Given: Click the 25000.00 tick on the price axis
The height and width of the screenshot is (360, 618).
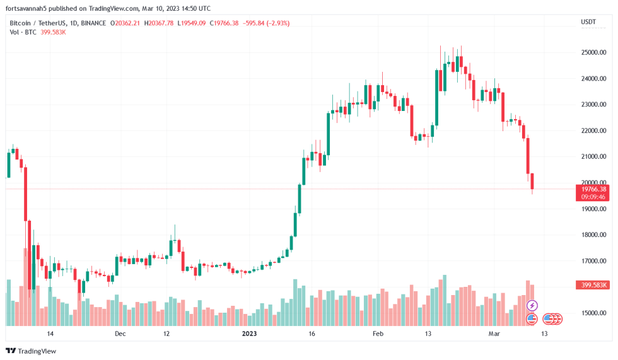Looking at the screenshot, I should pyautogui.click(x=593, y=52).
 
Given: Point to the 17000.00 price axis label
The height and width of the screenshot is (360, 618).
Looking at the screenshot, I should pyautogui.click(x=593, y=261).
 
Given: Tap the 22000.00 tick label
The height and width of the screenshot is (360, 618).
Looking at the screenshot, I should pyautogui.click(x=593, y=131).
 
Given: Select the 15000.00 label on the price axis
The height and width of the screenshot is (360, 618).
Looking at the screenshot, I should pyautogui.click(x=593, y=313).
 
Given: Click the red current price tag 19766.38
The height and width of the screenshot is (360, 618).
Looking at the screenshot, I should pyautogui.click(x=593, y=189).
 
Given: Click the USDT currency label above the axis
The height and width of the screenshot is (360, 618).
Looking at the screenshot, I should pyautogui.click(x=588, y=22).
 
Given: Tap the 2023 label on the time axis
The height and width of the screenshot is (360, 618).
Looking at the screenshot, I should pyautogui.click(x=250, y=334).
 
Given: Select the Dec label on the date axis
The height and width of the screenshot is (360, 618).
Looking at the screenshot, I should pyautogui.click(x=120, y=334).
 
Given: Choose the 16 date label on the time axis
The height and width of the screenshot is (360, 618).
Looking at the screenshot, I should pyautogui.click(x=311, y=334).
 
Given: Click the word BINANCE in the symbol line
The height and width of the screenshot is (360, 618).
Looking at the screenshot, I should pyautogui.click(x=93, y=23).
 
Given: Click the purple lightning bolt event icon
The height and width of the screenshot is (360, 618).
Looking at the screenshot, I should pyautogui.click(x=532, y=306).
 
